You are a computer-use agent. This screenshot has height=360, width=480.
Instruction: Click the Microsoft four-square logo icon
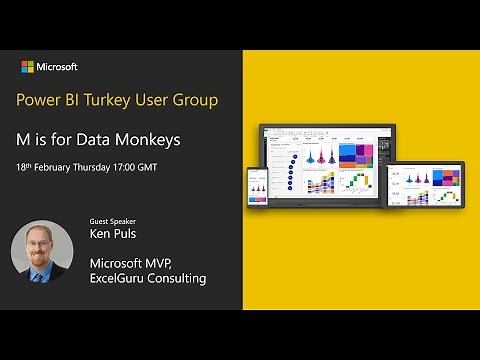29,67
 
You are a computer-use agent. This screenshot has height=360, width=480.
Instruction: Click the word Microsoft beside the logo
58,67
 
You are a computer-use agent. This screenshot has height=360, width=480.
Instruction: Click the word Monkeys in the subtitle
149,138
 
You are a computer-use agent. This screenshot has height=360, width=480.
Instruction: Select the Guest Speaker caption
112,222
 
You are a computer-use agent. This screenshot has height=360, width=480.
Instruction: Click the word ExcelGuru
119,278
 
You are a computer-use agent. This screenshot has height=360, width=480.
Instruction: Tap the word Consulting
179,278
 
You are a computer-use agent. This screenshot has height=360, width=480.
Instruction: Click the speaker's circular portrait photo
42,251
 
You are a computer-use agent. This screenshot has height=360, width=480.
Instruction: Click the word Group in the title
196,100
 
